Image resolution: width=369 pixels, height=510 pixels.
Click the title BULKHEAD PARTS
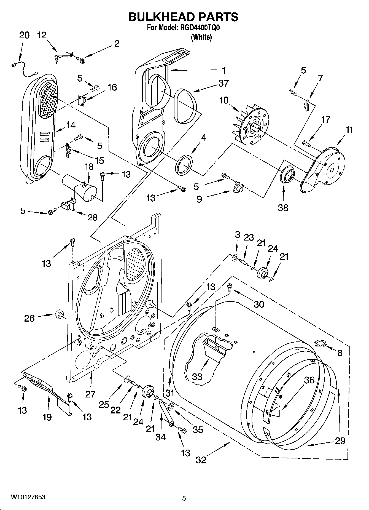coord(184,17)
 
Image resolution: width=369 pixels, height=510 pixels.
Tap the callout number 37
coord(223,83)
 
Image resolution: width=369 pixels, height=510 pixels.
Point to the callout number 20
coord(24,35)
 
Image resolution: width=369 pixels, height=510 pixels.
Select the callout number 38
coord(283,207)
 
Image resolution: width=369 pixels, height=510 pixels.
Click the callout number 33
coord(197,377)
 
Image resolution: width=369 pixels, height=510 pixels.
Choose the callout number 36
coord(309,380)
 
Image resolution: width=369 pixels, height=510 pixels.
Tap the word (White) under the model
coord(201,38)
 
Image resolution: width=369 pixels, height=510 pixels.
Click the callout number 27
coord(90,394)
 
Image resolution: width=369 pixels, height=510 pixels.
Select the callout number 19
coord(47,417)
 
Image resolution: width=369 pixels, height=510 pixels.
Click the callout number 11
coord(349,130)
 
